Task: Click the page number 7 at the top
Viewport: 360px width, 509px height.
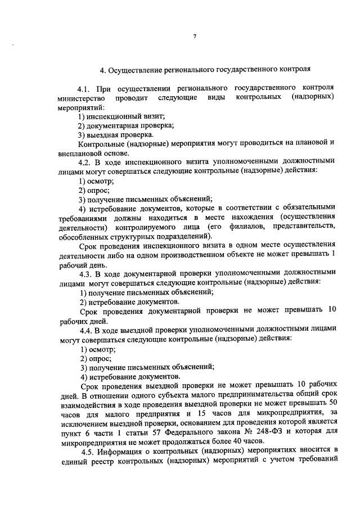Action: [194, 37]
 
